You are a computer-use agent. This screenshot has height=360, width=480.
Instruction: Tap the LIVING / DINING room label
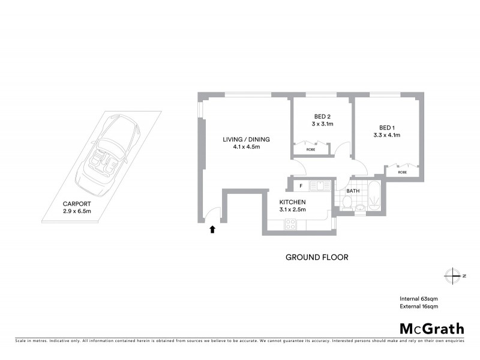246,139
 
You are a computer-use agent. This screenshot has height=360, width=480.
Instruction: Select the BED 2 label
322,116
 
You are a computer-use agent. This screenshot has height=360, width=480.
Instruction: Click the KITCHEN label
293,202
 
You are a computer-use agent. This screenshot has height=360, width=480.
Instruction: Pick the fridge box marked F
301,186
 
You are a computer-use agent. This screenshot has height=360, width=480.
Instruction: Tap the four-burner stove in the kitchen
290,224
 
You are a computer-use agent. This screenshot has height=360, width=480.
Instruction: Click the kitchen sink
317,186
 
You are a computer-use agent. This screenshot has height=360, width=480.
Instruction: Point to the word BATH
353,191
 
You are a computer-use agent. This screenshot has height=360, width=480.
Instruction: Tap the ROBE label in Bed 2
311,149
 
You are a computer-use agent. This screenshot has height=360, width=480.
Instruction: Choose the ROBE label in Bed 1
402,172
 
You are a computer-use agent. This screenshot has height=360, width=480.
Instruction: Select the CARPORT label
77,203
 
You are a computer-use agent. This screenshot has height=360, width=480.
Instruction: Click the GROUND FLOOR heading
316,257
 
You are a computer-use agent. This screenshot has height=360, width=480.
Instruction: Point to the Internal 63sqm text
419,298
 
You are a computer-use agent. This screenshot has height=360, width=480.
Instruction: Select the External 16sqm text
419,307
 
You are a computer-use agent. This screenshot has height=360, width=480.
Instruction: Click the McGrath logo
431,328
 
